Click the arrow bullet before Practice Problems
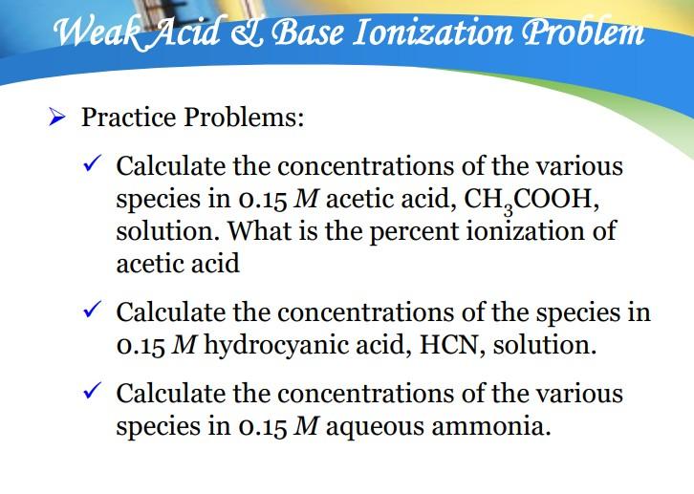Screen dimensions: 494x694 (57, 119)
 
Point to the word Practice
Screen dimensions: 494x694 (129, 119)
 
